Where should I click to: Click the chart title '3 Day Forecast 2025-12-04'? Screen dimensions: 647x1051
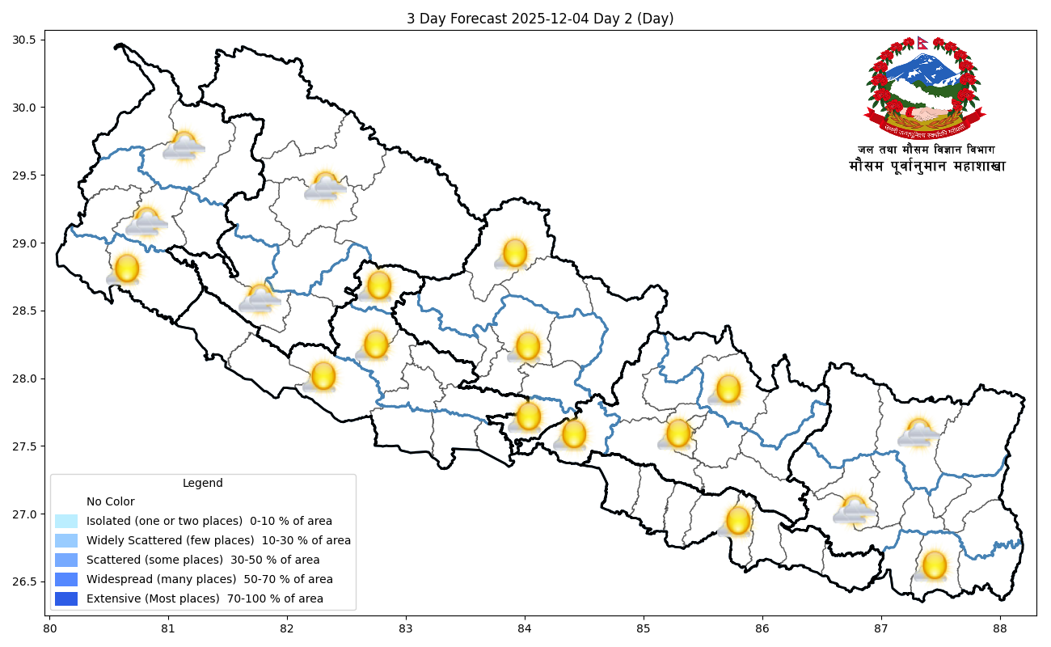(x=540, y=19)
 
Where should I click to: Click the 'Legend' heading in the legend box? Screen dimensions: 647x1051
(x=202, y=483)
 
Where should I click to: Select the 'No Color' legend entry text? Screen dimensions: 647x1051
(x=111, y=501)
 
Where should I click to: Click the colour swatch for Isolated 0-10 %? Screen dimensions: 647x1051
(x=66, y=521)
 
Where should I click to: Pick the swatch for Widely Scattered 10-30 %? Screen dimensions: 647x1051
(x=66, y=540)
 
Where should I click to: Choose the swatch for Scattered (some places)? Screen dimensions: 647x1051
(x=66, y=560)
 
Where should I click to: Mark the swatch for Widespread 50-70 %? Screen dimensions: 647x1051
(x=66, y=579)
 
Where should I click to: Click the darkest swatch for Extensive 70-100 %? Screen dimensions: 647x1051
(x=66, y=598)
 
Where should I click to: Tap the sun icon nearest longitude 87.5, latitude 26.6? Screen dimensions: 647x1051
(x=934, y=565)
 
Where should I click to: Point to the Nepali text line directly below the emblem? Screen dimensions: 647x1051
(x=926, y=150)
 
